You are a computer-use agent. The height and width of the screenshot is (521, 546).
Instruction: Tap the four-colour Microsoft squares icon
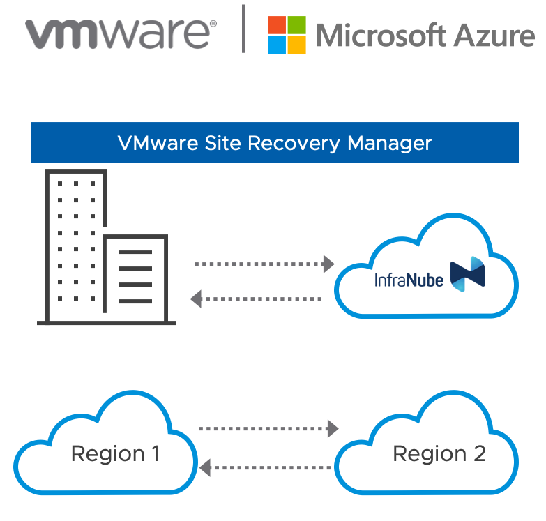point(287,35)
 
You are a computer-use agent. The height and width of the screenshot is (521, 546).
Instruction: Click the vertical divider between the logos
point(244,29)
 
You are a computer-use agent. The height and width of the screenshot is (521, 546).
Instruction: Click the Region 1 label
point(115,454)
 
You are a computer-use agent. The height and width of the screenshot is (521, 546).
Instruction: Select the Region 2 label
point(439,454)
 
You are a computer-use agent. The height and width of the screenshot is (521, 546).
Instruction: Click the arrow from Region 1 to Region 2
point(268,427)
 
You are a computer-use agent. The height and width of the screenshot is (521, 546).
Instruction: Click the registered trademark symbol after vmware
point(213,23)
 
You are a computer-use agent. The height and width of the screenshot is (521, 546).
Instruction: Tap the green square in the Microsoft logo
point(296,25)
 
